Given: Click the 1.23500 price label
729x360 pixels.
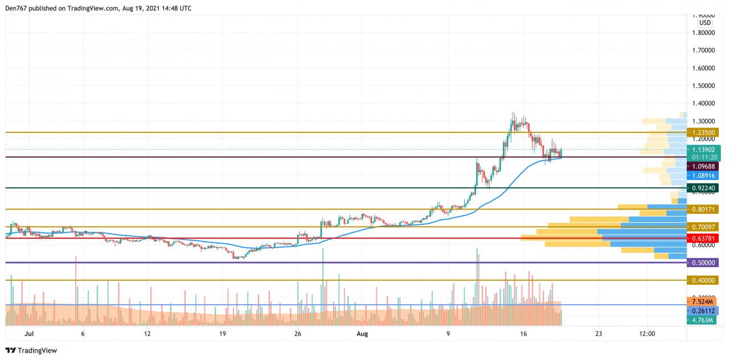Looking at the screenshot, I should (x=703, y=132).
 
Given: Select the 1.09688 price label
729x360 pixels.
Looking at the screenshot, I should (x=703, y=166).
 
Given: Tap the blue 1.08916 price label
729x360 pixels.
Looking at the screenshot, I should (x=703, y=175).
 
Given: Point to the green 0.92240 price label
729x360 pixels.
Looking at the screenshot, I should (x=703, y=187).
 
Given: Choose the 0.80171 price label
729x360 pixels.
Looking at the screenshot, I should (x=703, y=209).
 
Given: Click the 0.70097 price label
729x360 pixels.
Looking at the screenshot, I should (x=703, y=227).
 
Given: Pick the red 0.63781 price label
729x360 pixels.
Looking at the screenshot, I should (x=703, y=238).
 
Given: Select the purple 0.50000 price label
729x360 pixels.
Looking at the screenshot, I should (x=703, y=263).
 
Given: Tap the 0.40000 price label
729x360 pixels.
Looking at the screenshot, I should (x=703, y=280).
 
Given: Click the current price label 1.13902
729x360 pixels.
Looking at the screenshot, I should (x=703, y=150).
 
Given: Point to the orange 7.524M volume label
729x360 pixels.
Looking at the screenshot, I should (x=703, y=301).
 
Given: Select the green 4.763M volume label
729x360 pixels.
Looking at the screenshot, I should (x=703, y=321).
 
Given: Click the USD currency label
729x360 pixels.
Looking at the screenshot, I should (x=705, y=23).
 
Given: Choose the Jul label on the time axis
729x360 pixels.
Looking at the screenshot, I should (x=30, y=334).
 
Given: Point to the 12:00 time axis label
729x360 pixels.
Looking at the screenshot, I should (x=647, y=334).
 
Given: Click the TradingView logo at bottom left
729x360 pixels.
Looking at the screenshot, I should (x=31, y=350).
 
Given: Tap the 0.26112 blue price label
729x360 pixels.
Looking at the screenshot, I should (x=703, y=311).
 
